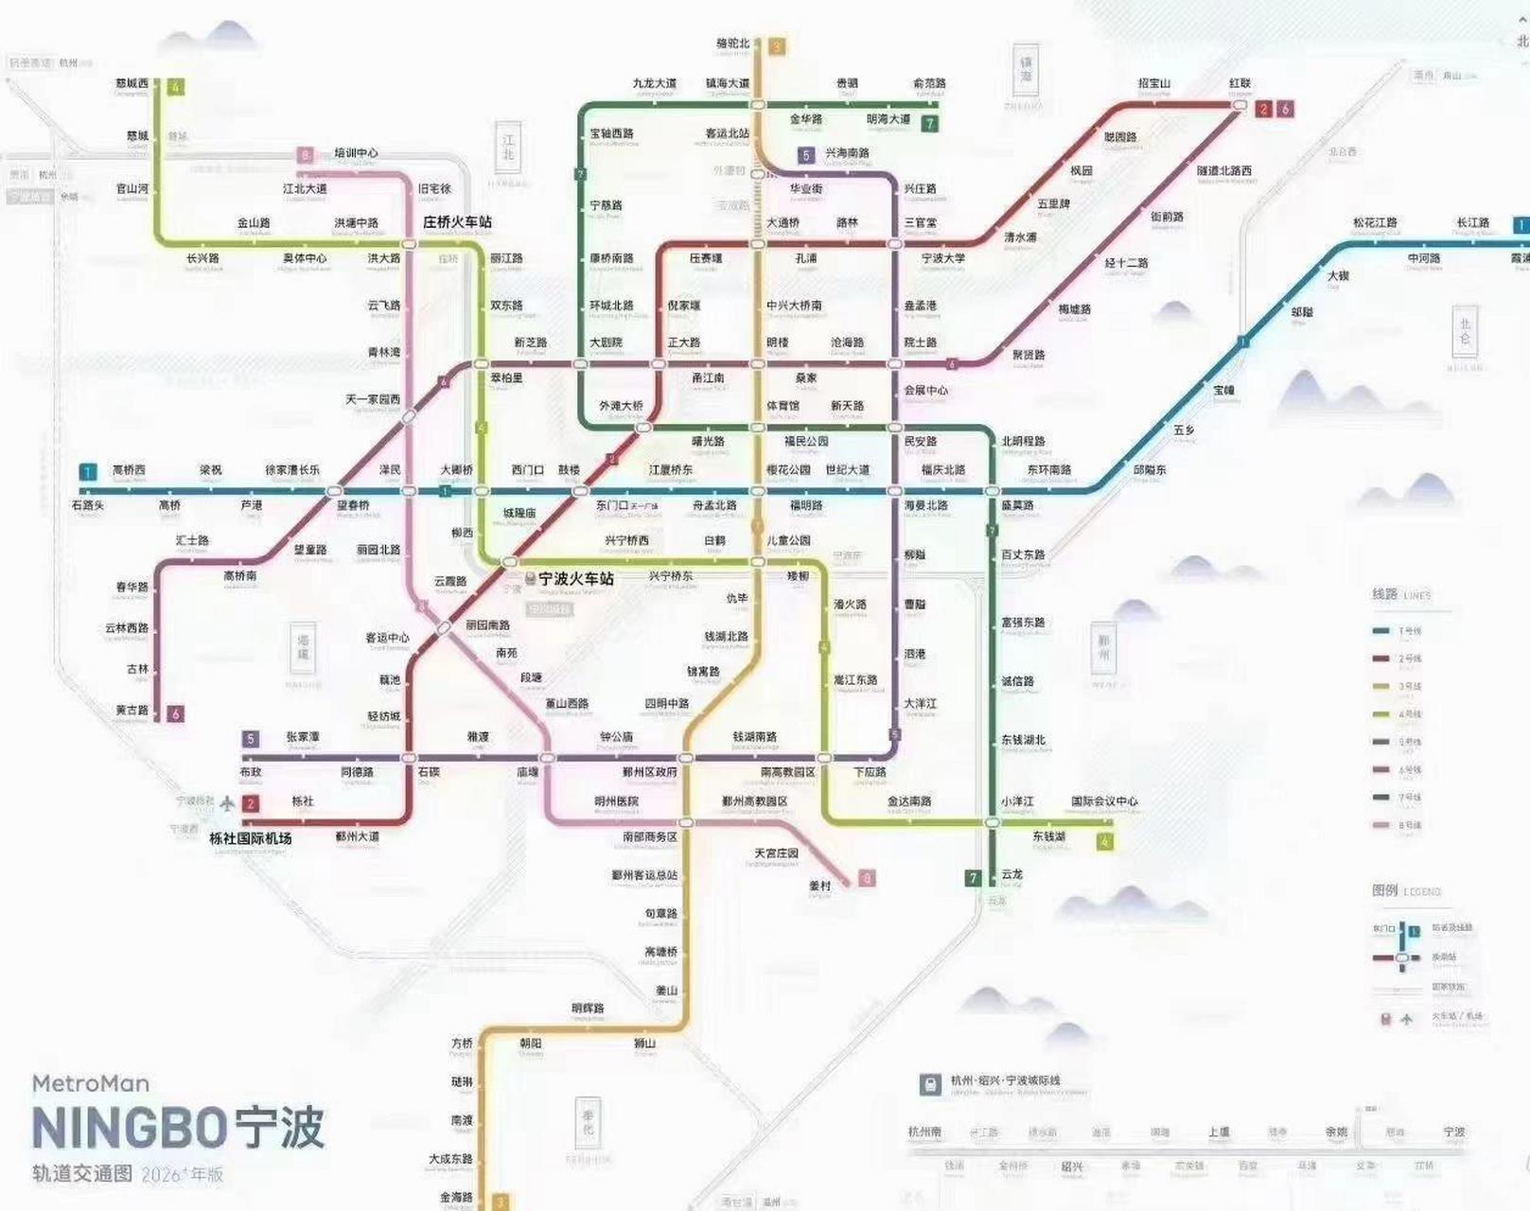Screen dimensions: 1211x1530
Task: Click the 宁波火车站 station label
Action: [x=575, y=578]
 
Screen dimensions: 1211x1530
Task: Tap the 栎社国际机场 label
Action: [x=250, y=838]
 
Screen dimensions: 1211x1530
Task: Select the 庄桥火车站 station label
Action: [x=457, y=222]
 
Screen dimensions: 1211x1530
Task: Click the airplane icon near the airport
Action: [x=227, y=803]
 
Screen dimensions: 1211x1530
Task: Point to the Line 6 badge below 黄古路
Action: [x=174, y=713]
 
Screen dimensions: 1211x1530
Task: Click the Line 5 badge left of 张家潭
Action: [x=251, y=739]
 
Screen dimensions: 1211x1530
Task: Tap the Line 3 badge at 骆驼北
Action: [x=777, y=45]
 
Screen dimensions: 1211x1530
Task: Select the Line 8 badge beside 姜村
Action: [x=866, y=879]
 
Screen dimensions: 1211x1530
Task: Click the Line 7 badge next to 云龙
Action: [x=973, y=878]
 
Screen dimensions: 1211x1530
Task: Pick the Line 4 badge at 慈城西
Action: [x=175, y=87]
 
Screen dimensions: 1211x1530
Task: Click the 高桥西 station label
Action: [x=129, y=470]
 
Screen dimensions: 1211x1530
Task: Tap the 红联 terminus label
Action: [x=1240, y=83]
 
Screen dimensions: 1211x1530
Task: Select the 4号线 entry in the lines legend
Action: [x=1410, y=715]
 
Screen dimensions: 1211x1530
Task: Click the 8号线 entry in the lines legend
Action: [x=1410, y=826]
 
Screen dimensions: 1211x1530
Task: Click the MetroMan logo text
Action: [x=91, y=1083]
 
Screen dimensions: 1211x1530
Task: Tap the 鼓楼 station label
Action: [x=569, y=470]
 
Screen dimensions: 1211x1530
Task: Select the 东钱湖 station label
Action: [x=1048, y=837]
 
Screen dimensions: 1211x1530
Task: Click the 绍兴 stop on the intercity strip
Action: [x=1071, y=1167]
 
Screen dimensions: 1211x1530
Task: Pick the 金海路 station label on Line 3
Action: [x=456, y=1197]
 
